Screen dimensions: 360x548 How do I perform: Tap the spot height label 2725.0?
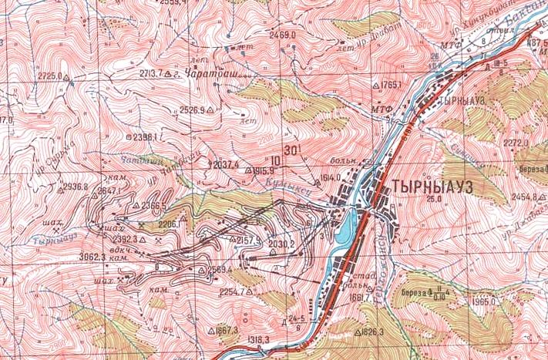(x=49, y=76)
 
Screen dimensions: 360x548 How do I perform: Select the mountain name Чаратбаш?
(x=201, y=75)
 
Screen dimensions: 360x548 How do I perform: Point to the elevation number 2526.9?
(x=191, y=110)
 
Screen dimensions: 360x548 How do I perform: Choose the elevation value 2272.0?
(x=515, y=143)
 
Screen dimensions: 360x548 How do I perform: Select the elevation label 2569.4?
(x=220, y=269)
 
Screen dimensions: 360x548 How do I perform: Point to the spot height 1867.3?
(x=227, y=330)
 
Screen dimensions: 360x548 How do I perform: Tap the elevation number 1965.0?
(x=483, y=303)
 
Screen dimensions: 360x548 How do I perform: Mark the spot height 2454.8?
(x=523, y=197)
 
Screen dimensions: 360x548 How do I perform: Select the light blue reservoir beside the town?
(x=347, y=226)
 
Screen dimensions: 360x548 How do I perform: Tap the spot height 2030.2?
(x=282, y=244)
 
